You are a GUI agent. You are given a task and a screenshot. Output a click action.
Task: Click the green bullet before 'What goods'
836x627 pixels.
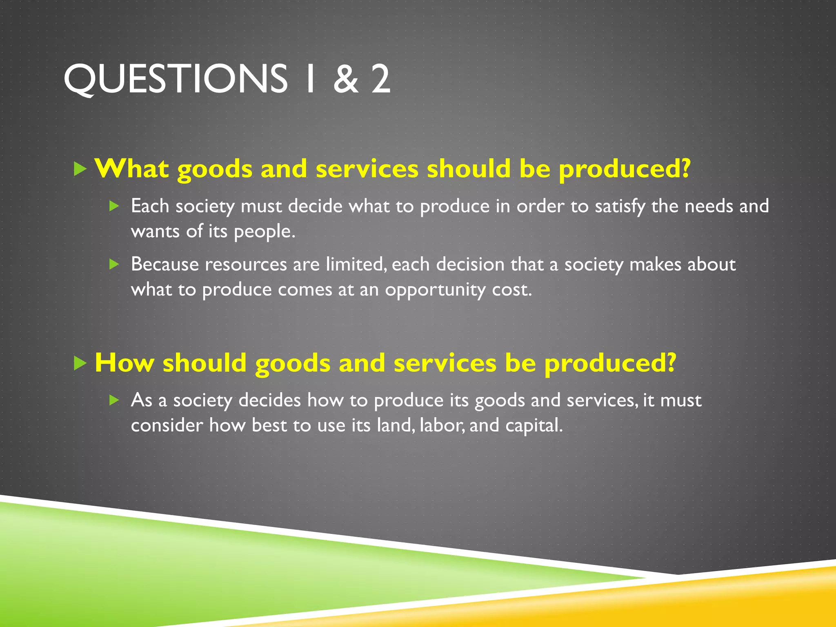click(x=80, y=169)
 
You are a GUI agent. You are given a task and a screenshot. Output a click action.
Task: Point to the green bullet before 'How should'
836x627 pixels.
click(x=80, y=363)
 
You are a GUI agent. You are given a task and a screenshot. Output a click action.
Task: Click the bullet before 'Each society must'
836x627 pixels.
click(x=114, y=206)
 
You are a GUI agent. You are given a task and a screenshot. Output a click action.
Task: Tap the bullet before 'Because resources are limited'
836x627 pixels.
click(x=114, y=264)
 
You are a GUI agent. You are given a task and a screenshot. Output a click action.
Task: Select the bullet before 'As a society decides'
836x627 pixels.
click(x=114, y=400)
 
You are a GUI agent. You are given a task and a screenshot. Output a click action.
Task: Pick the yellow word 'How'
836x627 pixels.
click(x=124, y=362)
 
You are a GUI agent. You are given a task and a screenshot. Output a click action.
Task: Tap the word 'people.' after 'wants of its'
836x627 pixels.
click(x=265, y=232)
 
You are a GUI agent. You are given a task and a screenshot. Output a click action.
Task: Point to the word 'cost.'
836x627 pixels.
click(x=512, y=290)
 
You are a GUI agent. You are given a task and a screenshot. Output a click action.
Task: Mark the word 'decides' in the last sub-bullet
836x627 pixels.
click(x=269, y=400)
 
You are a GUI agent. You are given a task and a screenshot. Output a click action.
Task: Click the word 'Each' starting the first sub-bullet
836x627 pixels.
click(x=150, y=206)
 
